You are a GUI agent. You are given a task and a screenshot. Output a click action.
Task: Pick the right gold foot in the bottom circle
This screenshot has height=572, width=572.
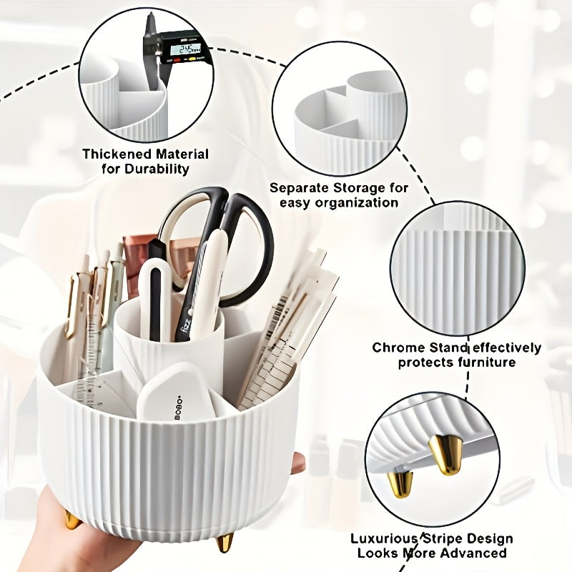point(446,455)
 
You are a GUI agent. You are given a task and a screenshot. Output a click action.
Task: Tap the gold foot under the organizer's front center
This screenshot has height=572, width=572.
point(226,541)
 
